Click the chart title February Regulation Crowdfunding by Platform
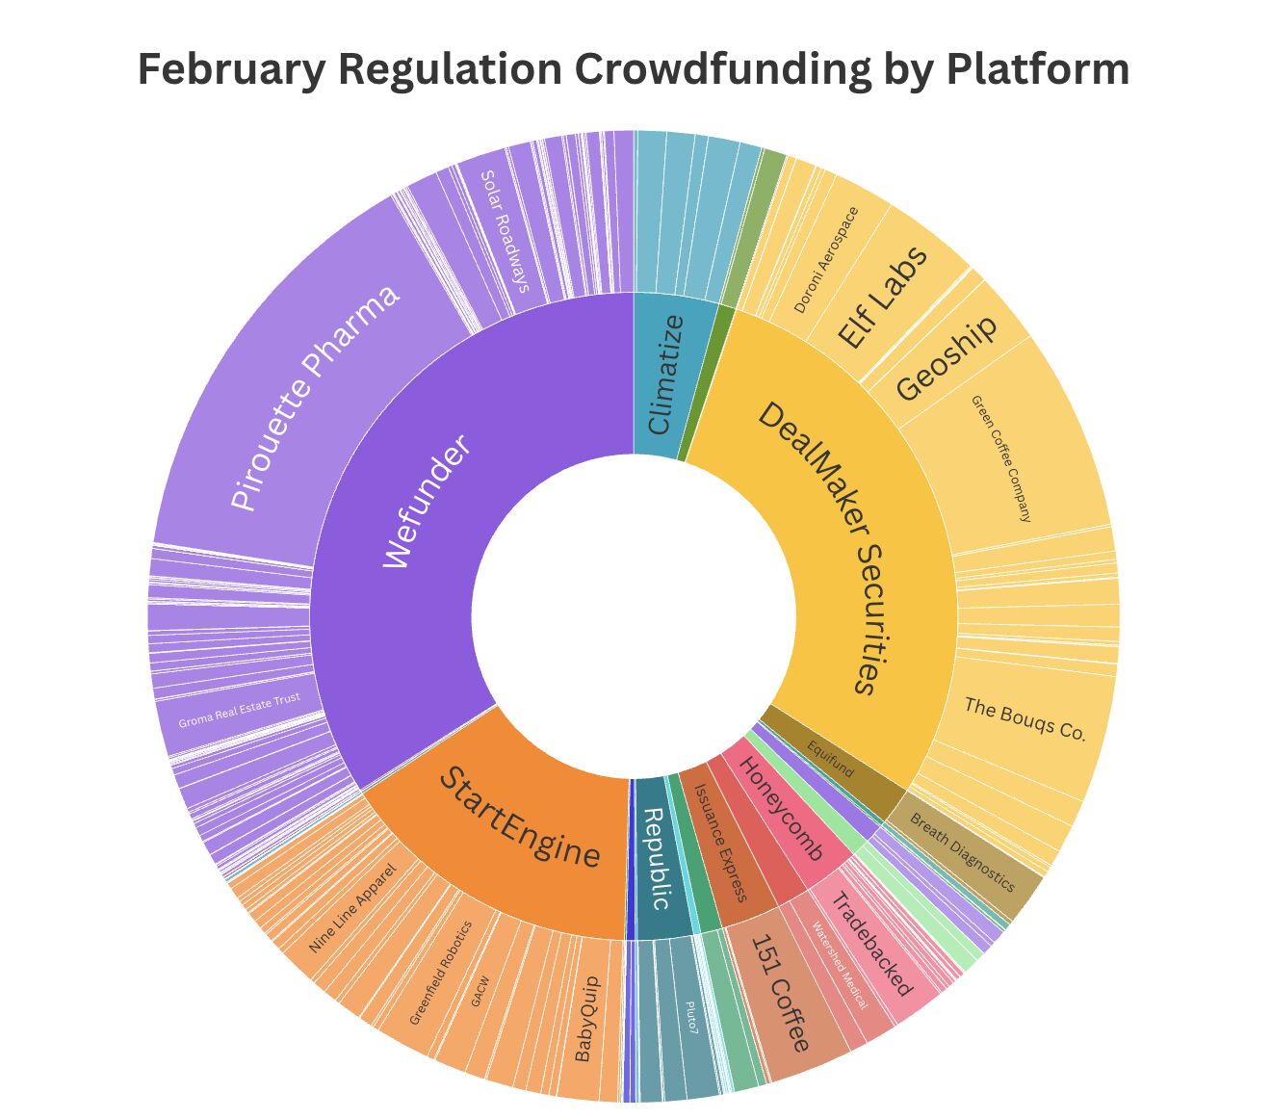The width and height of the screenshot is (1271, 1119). (634, 69)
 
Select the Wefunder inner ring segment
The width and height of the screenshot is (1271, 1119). (424, 501)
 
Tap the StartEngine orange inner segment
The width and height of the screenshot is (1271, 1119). (520, 819)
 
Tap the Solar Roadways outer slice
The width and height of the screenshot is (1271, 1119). (505, 231)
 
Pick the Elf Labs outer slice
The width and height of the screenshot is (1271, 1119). (882, 299)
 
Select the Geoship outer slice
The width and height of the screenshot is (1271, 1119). (947, 356)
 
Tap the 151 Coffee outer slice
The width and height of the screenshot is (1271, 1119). (781, 993)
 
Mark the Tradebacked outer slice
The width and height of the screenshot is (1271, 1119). (869, 944)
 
